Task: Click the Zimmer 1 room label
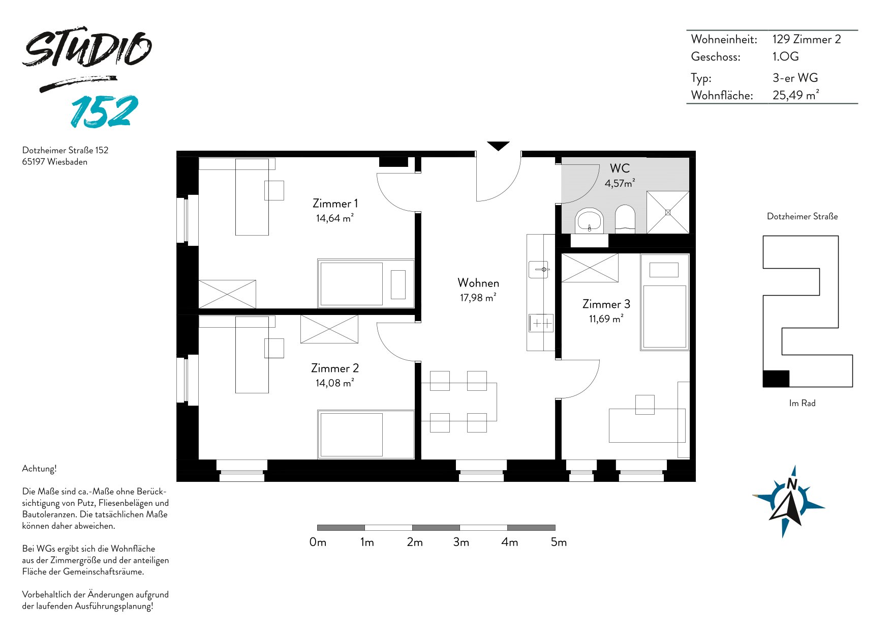coord(335,204)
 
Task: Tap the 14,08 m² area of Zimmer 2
coord(334,383)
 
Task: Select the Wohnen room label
coord(478,283)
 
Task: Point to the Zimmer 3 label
coord(606,304)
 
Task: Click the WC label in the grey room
coord(620,168)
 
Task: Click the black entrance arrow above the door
coord(498,146)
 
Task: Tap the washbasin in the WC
coord(589,220)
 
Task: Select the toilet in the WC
coord(625,219)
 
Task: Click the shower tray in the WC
coord(668,212)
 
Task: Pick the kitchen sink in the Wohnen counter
coord(539,269)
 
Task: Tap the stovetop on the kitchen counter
coord(541,323)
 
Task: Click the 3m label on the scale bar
coord(461,542)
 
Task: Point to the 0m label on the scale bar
coord(318,542)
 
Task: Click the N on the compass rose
coord(791,484)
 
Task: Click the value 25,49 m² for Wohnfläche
coord(795,95)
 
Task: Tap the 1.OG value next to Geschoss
coord(785,56)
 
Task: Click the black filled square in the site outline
coord(776,379)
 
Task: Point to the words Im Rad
coord(802,403)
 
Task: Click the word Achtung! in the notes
coord(39,469)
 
